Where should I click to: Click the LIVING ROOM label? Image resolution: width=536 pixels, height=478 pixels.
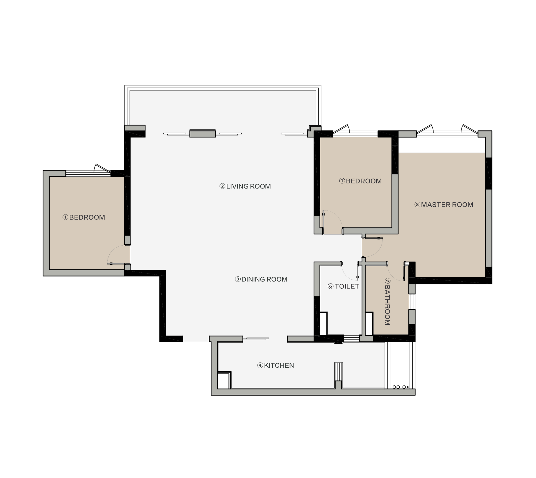[248, 186]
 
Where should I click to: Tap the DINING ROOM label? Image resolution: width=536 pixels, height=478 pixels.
[264, 279]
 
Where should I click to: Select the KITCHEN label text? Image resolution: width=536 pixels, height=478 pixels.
[279, 366]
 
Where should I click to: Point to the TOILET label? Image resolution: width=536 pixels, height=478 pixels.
[347, 286]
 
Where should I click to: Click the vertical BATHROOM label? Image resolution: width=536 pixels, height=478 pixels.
[387, 305]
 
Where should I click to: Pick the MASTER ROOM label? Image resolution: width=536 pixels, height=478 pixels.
[447, 205]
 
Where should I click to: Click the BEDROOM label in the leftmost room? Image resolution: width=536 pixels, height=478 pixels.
[87, 217]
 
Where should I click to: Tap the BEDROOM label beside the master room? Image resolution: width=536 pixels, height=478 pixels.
[364, 181]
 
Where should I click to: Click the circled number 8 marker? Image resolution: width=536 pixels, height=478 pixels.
[417, 205]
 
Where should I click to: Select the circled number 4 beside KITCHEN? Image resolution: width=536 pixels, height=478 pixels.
[260, 366]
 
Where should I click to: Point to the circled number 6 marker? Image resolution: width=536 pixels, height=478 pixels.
[330, 287]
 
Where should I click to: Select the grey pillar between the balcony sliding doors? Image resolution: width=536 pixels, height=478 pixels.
[202, 133]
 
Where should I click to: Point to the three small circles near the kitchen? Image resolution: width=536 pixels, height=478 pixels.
[400, 387]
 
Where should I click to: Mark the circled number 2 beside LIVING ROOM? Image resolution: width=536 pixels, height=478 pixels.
[222, 186]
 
